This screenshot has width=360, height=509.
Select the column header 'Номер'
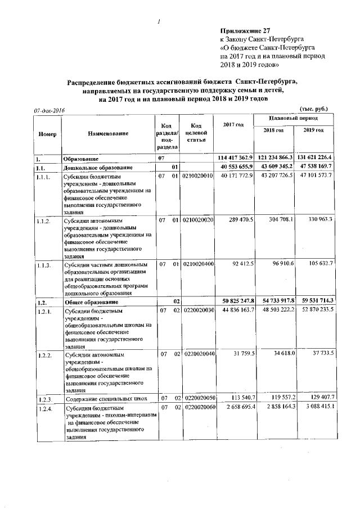(47, 133)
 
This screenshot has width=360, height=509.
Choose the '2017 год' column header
(233, 124)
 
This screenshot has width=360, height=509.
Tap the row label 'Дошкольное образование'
(98, 168)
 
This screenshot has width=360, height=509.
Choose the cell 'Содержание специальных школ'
(106, 399)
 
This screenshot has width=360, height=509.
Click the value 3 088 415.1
(316, 406)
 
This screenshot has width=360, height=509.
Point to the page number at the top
(160, 22)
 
